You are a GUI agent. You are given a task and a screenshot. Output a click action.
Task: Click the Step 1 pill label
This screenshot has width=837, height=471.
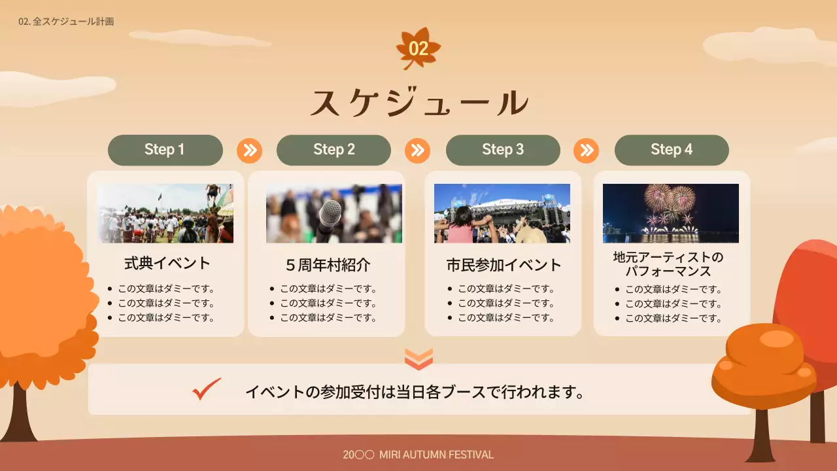pos(165,150)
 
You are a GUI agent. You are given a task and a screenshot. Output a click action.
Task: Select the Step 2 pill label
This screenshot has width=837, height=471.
pos(333,150)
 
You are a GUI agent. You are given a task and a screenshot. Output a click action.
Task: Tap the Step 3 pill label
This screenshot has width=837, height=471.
pos(503,150)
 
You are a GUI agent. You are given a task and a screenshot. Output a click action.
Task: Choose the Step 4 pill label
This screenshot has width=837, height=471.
pos(672,150)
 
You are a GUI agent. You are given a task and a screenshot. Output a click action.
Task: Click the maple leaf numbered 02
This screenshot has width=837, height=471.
pos(418,48)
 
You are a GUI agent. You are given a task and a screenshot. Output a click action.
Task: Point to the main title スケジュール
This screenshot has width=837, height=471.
pos(418,103)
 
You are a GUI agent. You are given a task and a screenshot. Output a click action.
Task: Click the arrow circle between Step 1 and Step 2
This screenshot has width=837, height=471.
pos(249,150)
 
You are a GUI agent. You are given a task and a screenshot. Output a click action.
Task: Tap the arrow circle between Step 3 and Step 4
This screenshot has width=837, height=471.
pos(586,150)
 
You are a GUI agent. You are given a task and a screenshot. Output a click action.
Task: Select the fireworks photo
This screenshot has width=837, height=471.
pos(671,213)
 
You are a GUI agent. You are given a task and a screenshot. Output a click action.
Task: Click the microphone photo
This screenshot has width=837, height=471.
pos(333,213)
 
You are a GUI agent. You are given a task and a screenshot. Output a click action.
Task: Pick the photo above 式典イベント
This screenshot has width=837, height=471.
pos(165,213)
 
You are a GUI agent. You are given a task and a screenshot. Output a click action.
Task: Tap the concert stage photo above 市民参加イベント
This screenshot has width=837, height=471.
pos(502,213)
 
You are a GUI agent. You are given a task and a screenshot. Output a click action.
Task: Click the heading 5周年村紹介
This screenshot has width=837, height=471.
pos(328,265)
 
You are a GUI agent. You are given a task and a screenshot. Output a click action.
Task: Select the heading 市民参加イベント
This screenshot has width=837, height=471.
pos(504,265)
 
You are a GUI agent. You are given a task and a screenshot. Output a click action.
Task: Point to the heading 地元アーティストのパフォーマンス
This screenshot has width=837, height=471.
pos(668,264)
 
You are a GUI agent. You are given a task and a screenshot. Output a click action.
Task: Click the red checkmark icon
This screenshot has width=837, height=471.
pos(207,389)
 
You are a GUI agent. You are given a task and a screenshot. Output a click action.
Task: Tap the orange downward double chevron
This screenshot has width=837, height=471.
pos(418,358)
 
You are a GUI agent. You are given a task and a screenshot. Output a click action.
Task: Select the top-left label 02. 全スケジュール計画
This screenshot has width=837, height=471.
pos(66,22)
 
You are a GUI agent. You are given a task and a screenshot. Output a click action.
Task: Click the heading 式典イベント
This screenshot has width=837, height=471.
pos(167,263)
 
